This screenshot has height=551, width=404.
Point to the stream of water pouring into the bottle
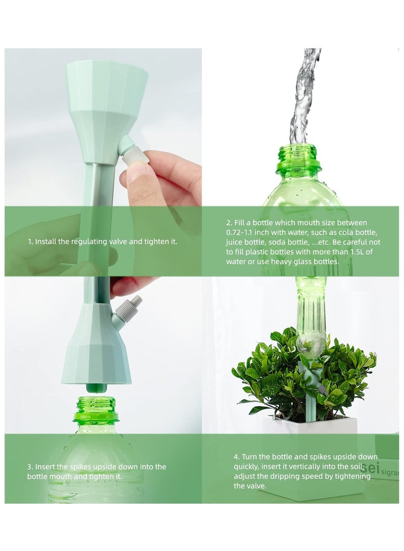point(304,96)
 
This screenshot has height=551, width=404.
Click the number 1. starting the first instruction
point(30,241)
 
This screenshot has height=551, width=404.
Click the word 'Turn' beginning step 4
point(249,457)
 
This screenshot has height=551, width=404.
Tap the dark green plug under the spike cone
point(96,388)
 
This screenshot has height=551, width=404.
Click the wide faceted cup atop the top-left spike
point(107,86)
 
